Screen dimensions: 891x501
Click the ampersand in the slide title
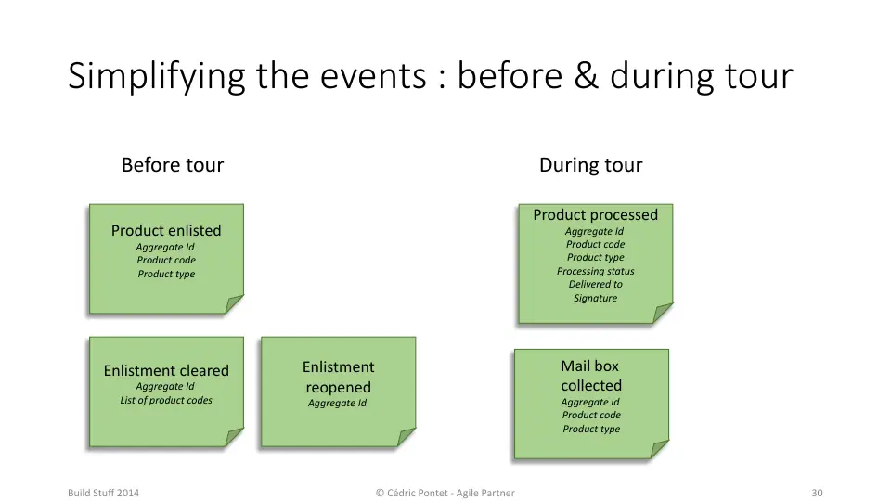[x=586, y=76]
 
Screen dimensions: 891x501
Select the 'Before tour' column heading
[x=173, y=165]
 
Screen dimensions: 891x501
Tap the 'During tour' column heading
[x=591, y=165]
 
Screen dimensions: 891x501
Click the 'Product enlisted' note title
[x=166, y=231]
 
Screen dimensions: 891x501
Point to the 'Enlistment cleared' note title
[x=166, y=370]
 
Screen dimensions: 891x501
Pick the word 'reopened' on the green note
[x=338, y=388]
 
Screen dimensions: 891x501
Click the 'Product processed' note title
[x=596, y=214]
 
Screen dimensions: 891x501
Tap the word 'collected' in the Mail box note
[x=591, y=385]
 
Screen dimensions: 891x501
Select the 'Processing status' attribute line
[x=596, y=271]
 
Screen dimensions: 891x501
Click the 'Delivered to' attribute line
[x=596, y=284]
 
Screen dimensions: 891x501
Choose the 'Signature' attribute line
[x=596, y=298]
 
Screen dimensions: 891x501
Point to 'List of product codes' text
[x=166, y=400]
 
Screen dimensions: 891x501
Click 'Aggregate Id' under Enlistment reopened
[x=338, y=403]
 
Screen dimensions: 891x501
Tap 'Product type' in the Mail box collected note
[x=591, y=429]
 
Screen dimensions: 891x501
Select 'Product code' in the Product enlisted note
[x=166, y=260]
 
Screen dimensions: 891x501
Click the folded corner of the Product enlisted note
[x=233, y=304]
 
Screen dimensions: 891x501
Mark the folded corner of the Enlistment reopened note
[x=406, y=437]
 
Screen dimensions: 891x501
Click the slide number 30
[x=817, y=493]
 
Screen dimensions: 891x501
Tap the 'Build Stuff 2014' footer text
[x=103, y=493]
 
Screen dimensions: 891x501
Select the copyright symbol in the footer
[x=381, y=493]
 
